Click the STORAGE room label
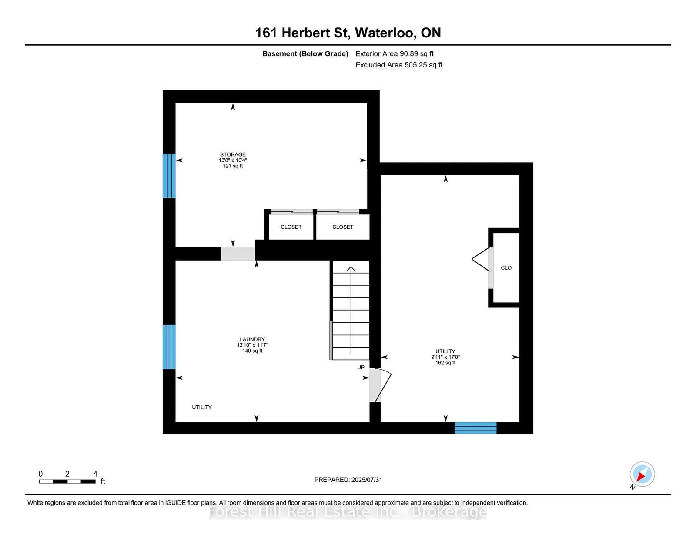[233, 154]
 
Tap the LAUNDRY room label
[252, 339]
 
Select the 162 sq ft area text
[445, 363]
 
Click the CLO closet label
[506, 267]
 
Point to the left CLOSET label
[291, 227]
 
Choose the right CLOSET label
[343, 227]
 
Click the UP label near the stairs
[361, 368]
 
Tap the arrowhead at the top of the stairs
[351, 268]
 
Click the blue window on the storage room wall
[169, 176]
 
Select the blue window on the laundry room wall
[169, 347]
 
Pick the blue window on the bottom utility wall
[475, 428]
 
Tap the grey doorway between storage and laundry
[238, 254]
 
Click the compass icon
[642, 474]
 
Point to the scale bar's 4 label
[95, 474]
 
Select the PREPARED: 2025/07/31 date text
[348, 480]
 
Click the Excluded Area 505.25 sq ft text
[399, 65]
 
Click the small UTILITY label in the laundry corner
[202, 407]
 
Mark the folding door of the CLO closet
[481, 260]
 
